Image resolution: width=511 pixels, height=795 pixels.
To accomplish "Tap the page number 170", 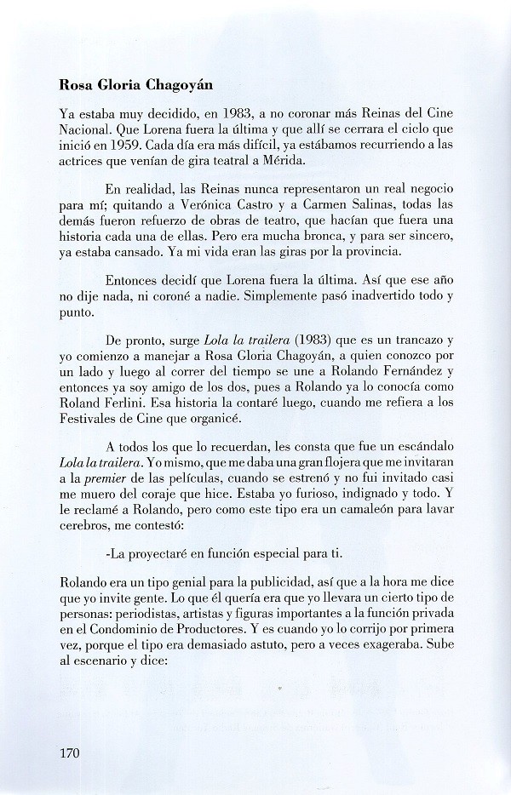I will coord(73,752).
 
